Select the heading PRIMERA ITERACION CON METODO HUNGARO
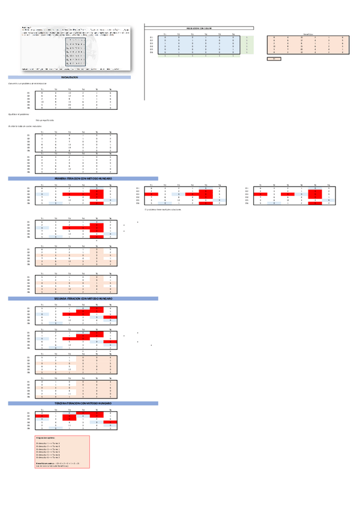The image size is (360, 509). point(83,179)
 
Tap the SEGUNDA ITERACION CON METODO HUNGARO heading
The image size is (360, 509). point(83,298)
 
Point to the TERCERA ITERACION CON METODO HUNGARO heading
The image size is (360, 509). point(83,403)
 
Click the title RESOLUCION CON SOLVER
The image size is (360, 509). point(200,28)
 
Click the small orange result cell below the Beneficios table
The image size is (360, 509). point(274,59)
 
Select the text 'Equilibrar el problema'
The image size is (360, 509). point(19,113)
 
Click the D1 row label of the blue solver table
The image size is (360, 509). point(152,38)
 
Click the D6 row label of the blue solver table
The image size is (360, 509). point(152,53)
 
